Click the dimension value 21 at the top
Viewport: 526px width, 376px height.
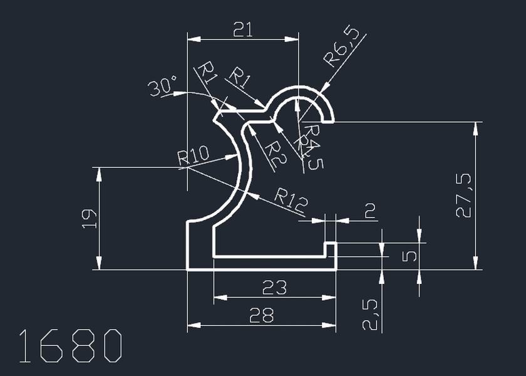(x=242, y=29)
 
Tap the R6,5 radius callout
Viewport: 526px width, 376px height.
(x=344, y=47)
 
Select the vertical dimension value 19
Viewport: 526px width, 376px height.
(x=89, y=218)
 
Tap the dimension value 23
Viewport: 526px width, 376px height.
(x=274, y=288)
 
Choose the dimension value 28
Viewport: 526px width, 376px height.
(x=261, y=315)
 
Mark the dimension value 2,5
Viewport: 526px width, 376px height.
(x=370, y=313)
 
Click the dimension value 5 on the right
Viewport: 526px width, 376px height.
(x=408, y=256)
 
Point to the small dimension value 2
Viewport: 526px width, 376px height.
(x=369, y=211)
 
